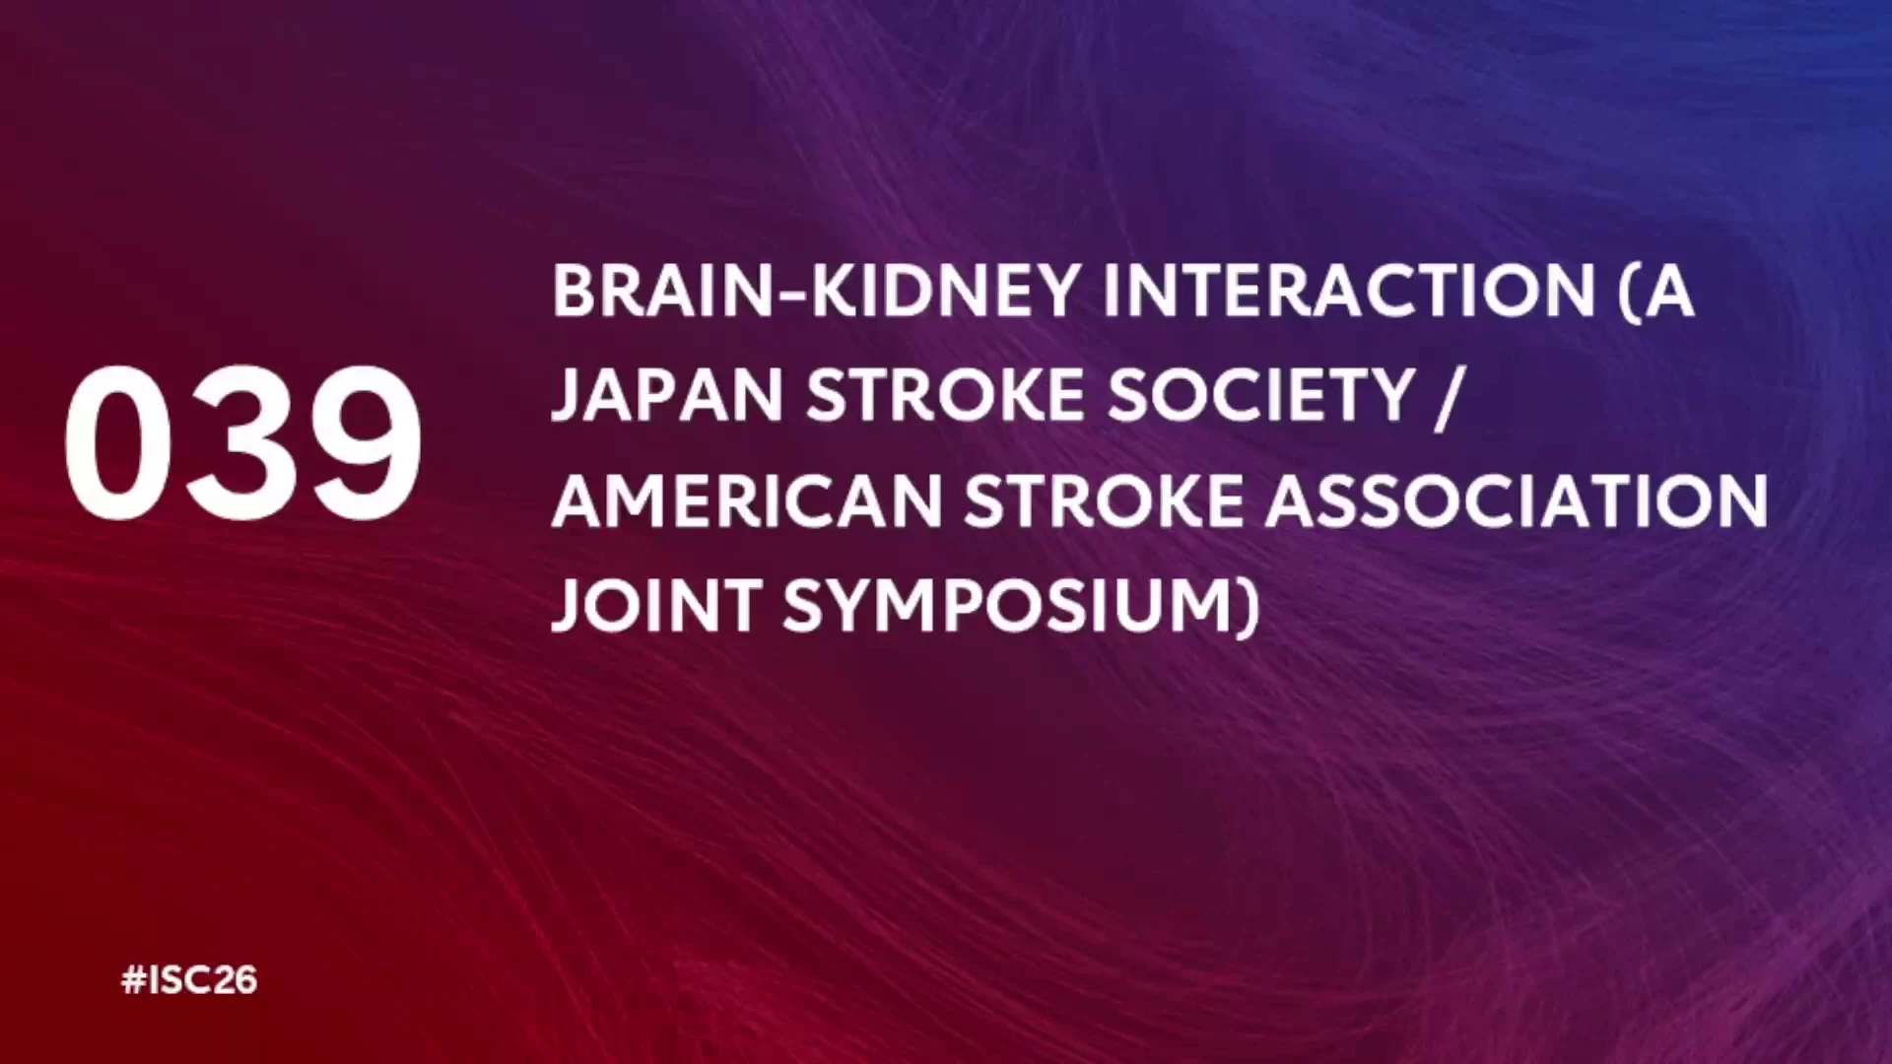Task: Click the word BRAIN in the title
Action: (664, 291)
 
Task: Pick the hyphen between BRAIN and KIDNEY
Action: (792, 294)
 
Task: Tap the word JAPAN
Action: (666, 396)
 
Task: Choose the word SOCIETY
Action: (1261, 396)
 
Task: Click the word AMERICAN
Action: (747, 501)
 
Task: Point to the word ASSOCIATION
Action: (1517, 501)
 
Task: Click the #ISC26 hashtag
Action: (189, 980)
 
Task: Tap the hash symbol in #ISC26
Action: (133, 980)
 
